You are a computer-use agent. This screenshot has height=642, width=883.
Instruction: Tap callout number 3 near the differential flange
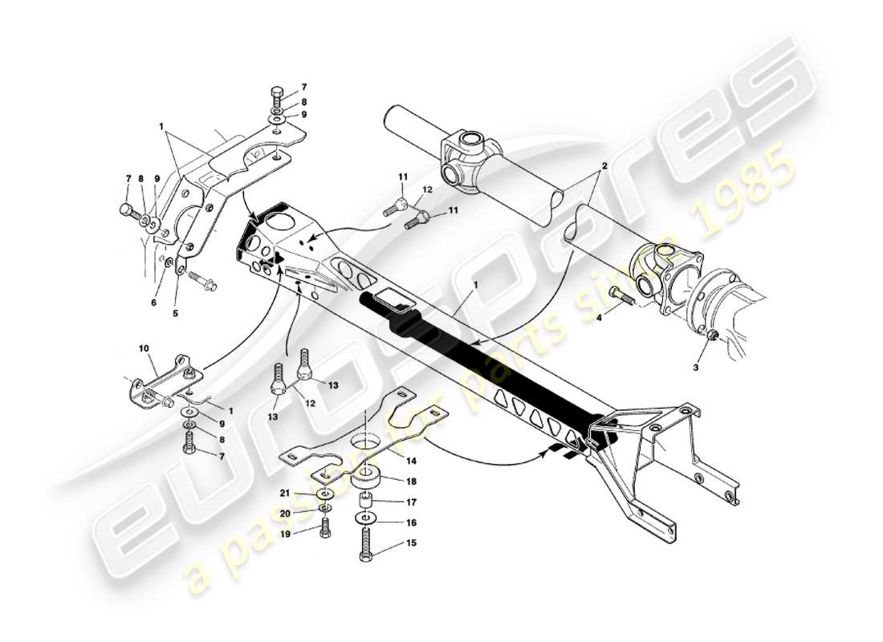tap(697, 367)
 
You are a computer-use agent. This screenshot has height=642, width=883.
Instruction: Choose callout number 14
tap(389, 461)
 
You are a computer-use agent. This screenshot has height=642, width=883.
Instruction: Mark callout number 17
tap(389, 504)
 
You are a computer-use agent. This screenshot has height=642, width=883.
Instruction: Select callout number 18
tap(389, 481)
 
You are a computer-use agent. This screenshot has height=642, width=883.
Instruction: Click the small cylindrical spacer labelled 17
tap(367, 505)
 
